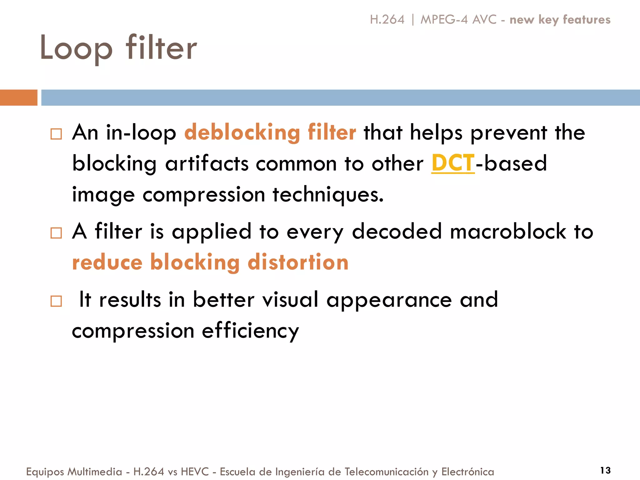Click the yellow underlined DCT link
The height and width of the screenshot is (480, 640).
(453, 163)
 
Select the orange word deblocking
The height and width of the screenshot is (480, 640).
(242, 132)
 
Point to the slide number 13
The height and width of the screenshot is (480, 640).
(605, 470)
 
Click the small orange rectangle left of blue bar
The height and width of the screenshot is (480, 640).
(18, 97)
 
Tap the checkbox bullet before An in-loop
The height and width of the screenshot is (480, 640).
(56, 134)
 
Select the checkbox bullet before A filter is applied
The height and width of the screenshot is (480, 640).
(56, 233)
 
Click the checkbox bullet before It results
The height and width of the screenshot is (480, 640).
(56, 301)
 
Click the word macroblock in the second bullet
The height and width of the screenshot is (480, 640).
(508, 232)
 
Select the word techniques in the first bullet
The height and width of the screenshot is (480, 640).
(328, 195)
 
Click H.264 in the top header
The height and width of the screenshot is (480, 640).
(387, 20)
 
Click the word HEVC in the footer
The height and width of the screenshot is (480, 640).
(195, 472)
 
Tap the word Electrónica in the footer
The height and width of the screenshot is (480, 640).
(467, 472)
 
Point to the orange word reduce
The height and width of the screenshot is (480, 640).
(107, 262)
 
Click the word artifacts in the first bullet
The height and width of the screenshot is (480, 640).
(207, 164)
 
